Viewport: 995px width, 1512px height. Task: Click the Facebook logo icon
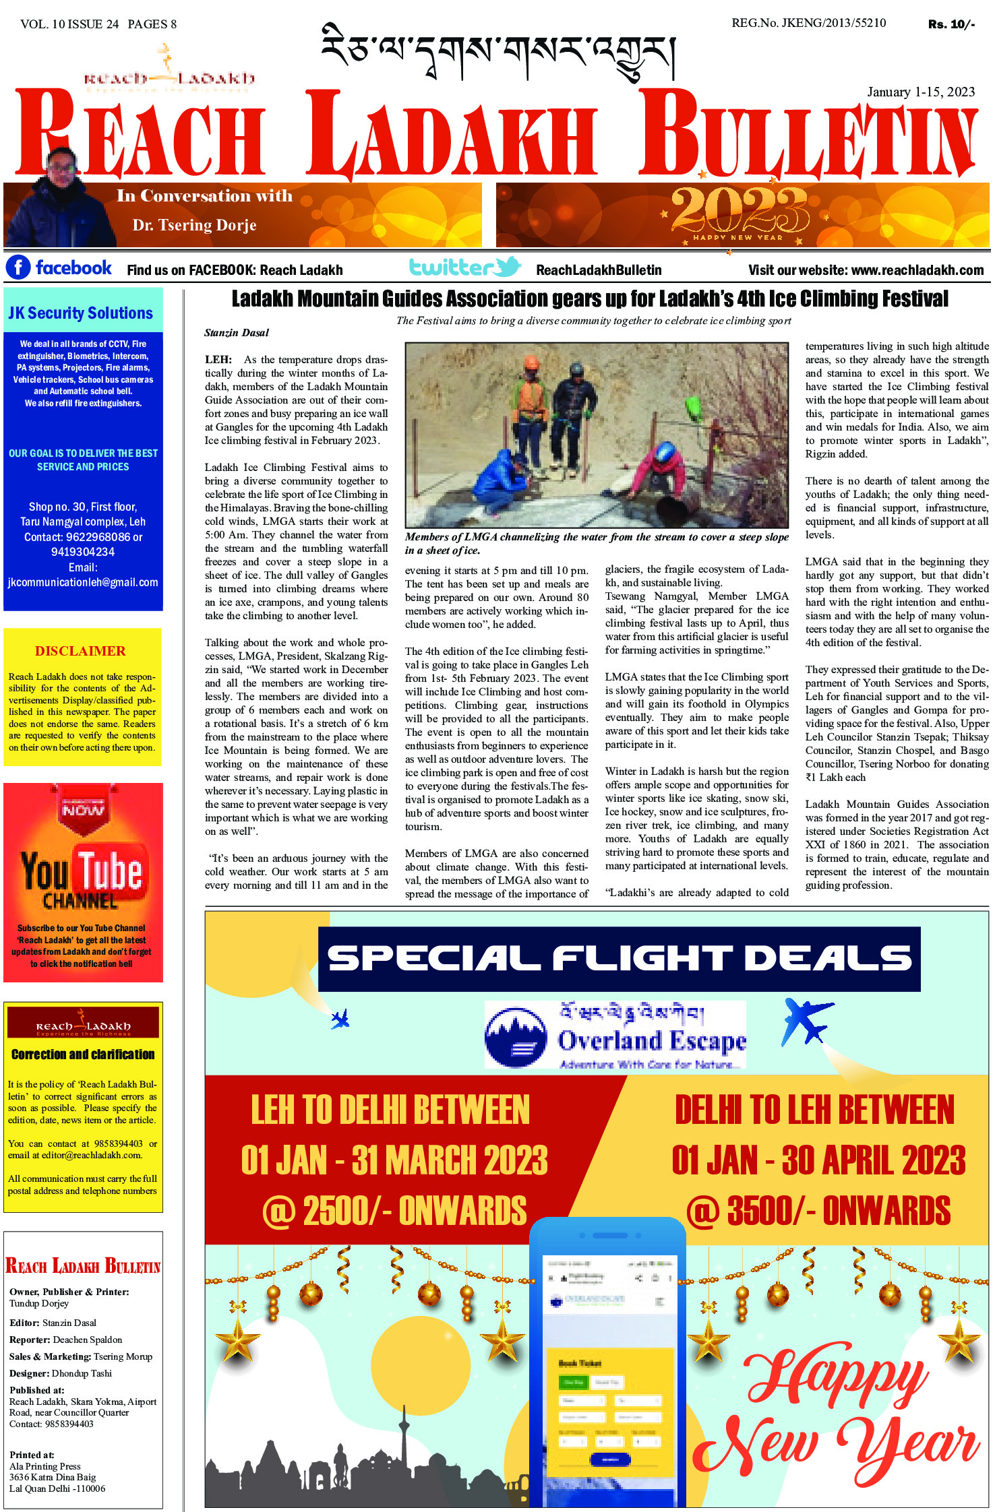point(18,267)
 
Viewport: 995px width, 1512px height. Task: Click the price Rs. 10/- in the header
point(951,24)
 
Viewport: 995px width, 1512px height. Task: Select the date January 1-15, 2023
point(920,92)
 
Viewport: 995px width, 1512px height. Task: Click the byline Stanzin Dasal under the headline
point(237,332)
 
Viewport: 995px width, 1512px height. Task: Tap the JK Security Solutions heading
point(81,313)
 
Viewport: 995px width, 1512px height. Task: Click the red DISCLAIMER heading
point(80,651)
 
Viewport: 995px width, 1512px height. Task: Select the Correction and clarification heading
point(83,1054)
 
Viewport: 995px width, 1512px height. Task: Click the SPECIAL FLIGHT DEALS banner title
point(619,958)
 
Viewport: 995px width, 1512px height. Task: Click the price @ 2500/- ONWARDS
point(394,1211)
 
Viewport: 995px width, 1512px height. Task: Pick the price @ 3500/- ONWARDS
point(818,1211)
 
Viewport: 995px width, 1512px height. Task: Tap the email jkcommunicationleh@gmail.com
point(83,582)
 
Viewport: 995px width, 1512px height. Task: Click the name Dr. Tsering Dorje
point(194,225)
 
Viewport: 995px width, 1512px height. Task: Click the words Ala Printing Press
point(45,1466)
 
